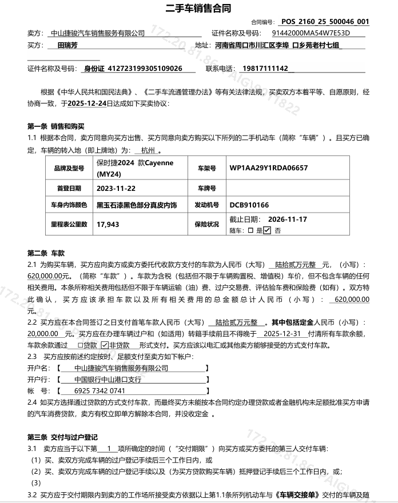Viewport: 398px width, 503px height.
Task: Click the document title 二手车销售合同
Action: pos(199,8)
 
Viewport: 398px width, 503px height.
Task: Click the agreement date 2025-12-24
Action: pos(87,103)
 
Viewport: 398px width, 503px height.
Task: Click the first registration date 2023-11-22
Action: pos(116,187)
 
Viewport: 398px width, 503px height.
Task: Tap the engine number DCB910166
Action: pos(249,205)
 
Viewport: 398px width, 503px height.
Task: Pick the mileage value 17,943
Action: pos(108,225)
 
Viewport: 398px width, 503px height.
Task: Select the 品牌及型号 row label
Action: pos(69,168)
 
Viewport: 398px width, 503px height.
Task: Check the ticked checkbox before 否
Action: pos(267,230)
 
